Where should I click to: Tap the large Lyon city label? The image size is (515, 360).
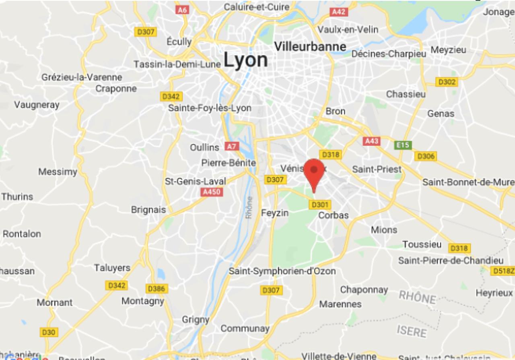(245, 60)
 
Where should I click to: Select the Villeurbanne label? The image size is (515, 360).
(310, 46)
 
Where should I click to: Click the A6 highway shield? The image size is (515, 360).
(182, 9)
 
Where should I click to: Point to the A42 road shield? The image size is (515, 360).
(338, 12)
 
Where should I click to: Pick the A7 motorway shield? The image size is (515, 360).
(231, 147)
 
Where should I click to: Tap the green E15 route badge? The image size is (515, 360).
(403, 145)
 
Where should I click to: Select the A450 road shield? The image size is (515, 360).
(212, 192)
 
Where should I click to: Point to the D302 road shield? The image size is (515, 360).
(447, 82)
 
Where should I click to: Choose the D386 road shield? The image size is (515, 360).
(157, 288)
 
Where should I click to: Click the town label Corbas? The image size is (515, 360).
(333, 215)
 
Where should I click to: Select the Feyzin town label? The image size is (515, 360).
(275, 213)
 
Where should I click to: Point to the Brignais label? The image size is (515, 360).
(148, 210)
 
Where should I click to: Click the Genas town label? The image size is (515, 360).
(441, 114)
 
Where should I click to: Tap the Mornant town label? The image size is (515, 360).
(55, 302)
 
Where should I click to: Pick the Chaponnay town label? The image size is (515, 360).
(364, 290)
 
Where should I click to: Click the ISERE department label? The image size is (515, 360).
(412, 331)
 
